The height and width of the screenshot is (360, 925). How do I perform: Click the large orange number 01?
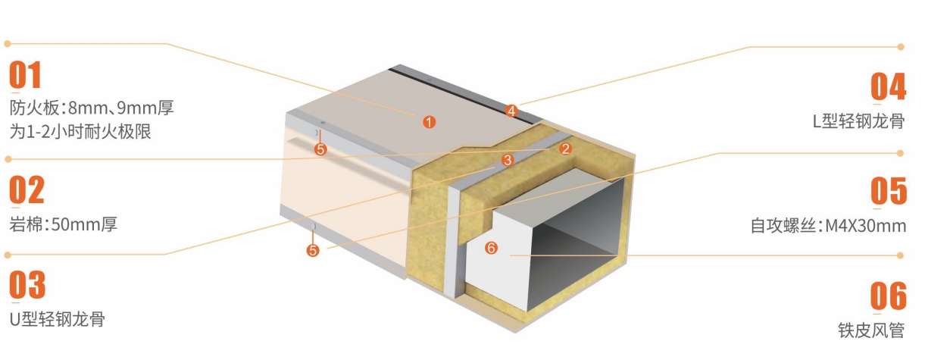(x=25, y=75)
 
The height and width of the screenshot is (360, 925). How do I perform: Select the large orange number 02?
(x=27, y=189)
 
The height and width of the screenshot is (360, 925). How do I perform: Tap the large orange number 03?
(x=27, y=284)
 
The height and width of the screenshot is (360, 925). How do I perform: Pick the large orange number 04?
(x=888, y=86)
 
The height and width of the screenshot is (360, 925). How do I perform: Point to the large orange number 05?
(x=889, y=190)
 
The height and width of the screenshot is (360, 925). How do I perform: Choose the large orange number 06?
(x=888, y=296)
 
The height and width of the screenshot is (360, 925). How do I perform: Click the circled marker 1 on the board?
(x=429, y=122)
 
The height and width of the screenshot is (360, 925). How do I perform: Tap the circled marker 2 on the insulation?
(x=565, y=149)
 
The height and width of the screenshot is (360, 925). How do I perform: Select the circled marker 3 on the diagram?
(x=508, y=160)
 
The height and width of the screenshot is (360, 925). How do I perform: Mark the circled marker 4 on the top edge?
(x=511, y=111)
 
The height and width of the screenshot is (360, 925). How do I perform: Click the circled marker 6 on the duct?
(x=491, y=248)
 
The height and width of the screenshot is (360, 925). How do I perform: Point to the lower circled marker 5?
(x=313, y=250)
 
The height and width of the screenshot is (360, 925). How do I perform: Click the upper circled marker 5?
(x=320, y=149)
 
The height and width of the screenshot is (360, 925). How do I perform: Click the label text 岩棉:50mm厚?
(x=63, y=224)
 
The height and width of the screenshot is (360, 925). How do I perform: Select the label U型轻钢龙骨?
(x=57, y=319)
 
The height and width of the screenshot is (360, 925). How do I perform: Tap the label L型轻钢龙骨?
(x=858, y=121)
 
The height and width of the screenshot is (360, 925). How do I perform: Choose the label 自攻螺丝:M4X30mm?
(x=828, y=226)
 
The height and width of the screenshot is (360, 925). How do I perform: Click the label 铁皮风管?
(x=871, y=330)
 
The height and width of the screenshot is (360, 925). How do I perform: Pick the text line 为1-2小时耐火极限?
(x=80, y=132)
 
